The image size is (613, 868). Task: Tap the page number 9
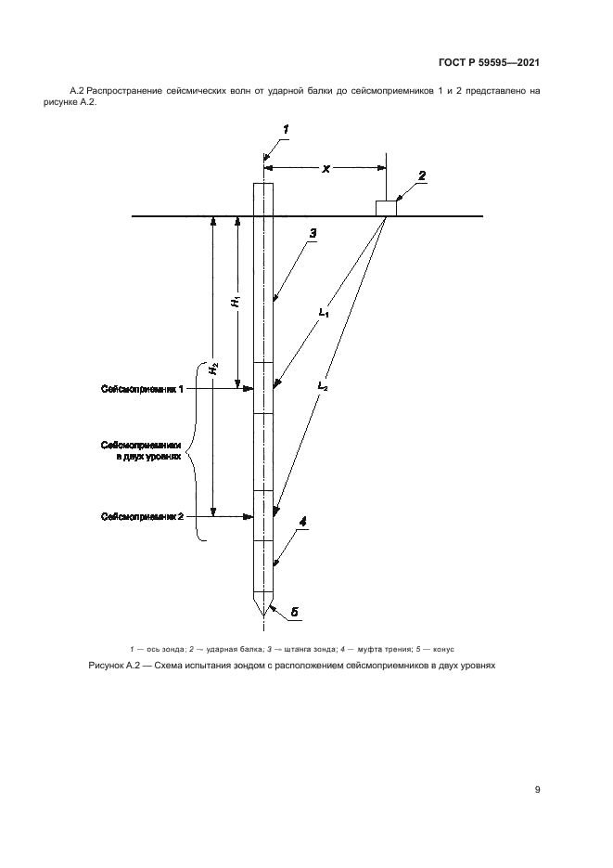click(538, 789)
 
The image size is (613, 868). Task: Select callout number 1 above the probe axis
click(287, 129)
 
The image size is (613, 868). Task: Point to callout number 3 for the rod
click(313, 234)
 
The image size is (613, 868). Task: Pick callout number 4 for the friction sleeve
click(303, 524)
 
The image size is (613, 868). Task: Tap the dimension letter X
click(326, 169)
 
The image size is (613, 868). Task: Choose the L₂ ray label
click(322, 384)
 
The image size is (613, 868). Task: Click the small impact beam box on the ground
click(386, 208)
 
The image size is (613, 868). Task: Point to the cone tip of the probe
click(264, 612)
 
